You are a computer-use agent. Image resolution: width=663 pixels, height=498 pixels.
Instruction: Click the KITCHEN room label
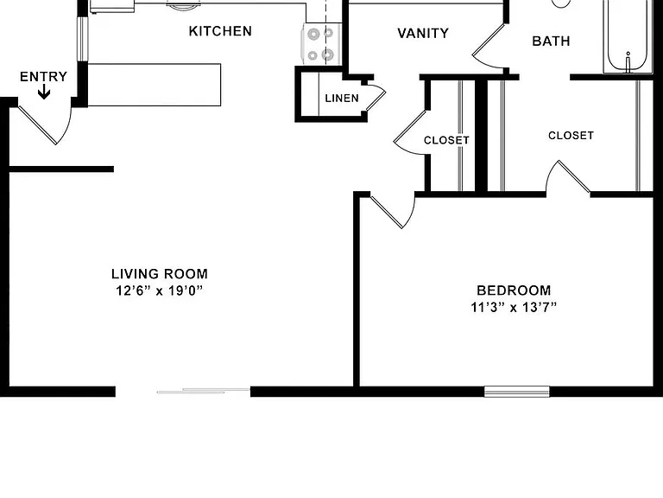pyautogui.click(x=220, y=31)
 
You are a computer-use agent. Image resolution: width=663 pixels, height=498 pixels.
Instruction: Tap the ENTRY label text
pyautogui.click(x=43, y=77)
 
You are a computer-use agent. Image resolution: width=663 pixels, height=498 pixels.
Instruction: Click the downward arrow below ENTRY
pyautogui.click(x=44, y=92)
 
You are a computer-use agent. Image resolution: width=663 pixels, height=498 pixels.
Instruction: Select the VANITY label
pyautogui.click(x=423, y=34)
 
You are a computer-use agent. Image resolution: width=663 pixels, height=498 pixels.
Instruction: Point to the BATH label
pyautogui.click(x=551, y=41)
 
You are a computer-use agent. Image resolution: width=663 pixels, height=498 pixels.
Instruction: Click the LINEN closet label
pyautogui.click(x=342, y=99)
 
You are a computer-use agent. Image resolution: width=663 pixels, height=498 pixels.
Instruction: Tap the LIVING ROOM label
pyautogui.click(x=160, y=274)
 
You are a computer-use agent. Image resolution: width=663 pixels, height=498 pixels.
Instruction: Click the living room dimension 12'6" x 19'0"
pyautogui.click(x=160, y=290)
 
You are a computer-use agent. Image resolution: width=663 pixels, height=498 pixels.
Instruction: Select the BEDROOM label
pyautogui.click(x=514, y=290)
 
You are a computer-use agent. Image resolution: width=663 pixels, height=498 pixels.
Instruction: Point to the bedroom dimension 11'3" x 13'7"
pyautogui.click(x=514, y=307)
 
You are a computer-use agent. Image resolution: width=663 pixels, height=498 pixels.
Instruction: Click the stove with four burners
pyautogui.click(x=321, y=44)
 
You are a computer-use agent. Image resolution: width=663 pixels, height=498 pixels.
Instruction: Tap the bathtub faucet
pyautogui.click(x=628, y=62)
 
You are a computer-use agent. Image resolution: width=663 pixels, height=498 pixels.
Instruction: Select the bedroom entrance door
pyautogui.click(x=391, y=212)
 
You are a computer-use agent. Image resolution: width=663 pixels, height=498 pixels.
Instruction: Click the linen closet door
pyautogui.click(x=375, y=99)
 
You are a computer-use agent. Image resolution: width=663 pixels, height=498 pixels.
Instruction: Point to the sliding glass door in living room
pyautogui.click(x=204, y=391)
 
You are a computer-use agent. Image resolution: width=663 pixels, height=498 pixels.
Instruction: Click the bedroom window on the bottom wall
pyautogui.click(x=517, y=392)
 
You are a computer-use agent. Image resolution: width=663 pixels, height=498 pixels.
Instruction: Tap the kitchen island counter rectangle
pyautogui.click(x=154, y=85)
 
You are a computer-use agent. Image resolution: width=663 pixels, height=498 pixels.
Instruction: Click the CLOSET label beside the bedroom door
pyautogui.click(x=446, y=140)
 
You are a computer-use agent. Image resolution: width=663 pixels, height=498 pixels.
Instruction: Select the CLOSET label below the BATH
pyautogui.click(x=571, y=136)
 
